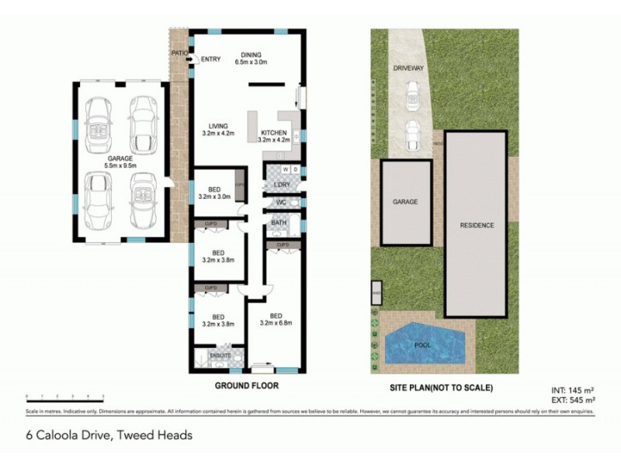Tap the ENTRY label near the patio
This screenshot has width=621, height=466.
pos(210,59)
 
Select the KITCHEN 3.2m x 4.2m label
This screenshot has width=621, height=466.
pos(273,136)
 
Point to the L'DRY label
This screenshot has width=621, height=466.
pos(282,184)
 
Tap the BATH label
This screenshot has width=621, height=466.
pos(279,223)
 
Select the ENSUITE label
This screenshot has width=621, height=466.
pos(210,354)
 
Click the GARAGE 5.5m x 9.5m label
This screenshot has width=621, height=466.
pos(120,161)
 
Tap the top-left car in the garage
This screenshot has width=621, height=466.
pos(99,126)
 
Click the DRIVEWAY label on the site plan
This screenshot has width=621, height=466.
pos(408,68)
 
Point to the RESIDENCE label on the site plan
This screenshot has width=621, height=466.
pos(477,225)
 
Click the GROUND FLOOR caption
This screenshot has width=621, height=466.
pos(245,385)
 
